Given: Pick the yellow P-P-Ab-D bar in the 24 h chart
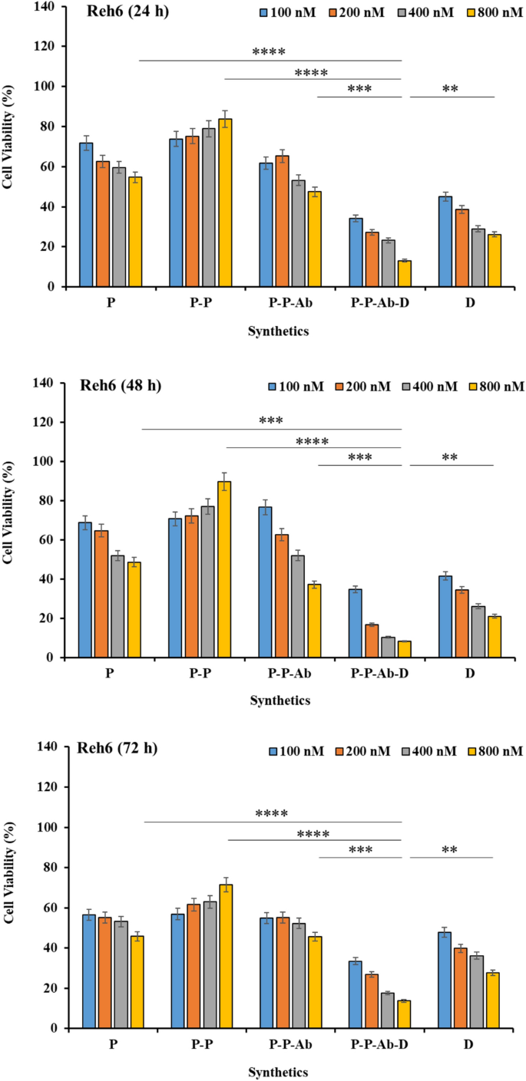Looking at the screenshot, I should (x=403, y=274).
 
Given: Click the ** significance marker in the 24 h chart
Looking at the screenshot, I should (x=451, y=89).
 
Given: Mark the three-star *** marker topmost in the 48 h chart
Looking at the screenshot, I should (x=271, y=421).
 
